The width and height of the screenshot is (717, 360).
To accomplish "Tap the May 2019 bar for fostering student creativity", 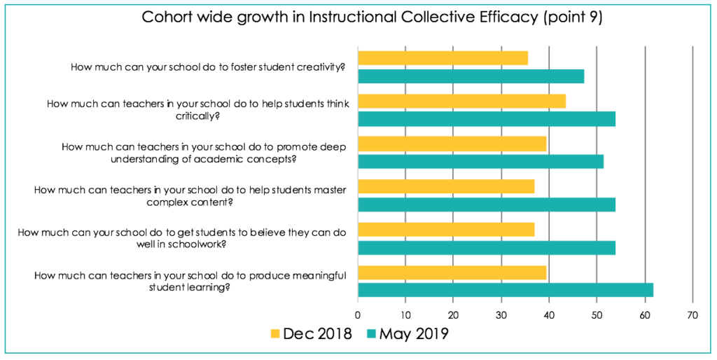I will click(x=471, y=76).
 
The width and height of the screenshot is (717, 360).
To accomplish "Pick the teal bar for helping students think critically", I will click(x=487, y=118).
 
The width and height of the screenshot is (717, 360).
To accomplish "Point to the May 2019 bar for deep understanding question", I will click(x=480, y=162).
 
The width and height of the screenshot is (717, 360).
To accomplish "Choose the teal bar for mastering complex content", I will click(x=487, y=205).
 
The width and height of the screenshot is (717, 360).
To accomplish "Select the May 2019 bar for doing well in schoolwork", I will click(x=487, y=247).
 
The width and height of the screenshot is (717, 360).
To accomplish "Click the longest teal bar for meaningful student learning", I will click(x=506, y=290).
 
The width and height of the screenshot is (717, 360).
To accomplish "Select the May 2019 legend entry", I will click(x=407, y=333).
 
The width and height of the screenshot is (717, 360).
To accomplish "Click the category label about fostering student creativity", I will click(x=210, y=67).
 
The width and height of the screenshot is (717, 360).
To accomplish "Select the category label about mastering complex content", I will click(x=190, y=195).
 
